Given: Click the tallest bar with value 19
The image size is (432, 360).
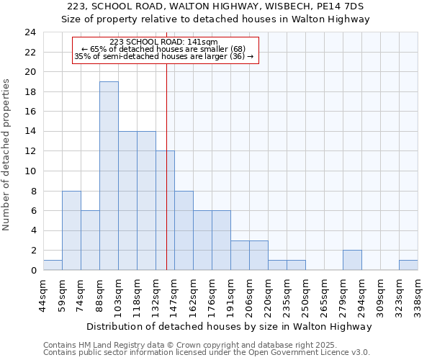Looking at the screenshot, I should (109, 176).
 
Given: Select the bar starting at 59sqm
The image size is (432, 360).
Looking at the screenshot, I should (71, 230).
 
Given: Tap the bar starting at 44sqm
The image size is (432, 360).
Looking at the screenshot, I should (53, 265).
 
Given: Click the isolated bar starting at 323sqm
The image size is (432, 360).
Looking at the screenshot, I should (408, 265).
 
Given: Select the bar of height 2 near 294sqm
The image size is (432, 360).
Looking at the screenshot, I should (352, 260).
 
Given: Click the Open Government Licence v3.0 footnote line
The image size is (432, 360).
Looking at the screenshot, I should (207, 352).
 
